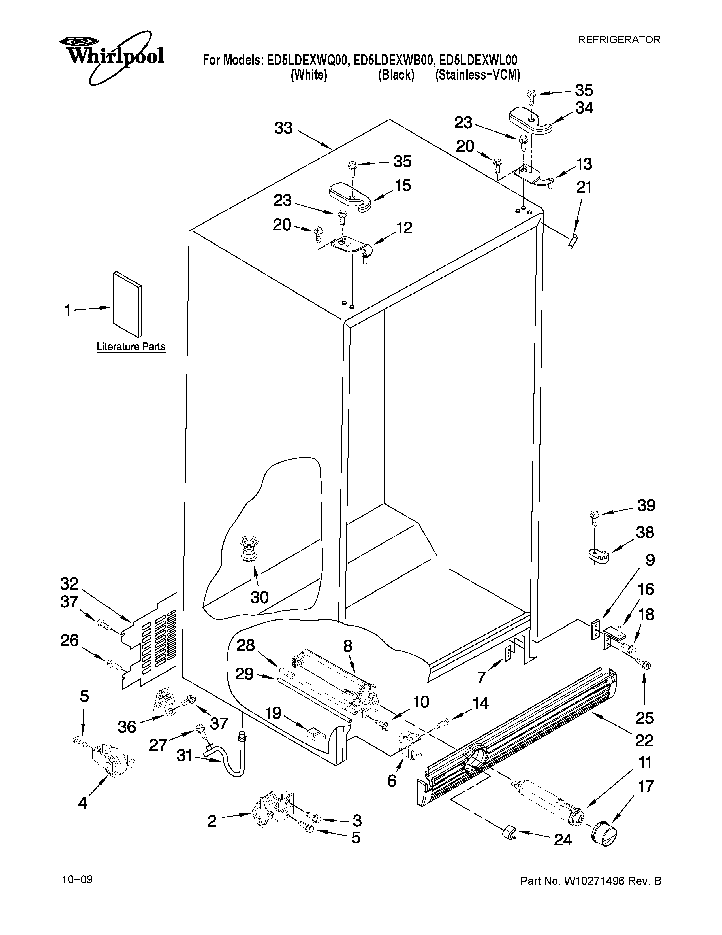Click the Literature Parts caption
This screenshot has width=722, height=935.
click(131, 346)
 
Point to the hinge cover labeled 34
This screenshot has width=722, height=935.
click(530, 120)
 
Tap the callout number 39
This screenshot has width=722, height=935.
click(646, 505)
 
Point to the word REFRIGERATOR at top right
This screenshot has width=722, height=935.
click(619, 40)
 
